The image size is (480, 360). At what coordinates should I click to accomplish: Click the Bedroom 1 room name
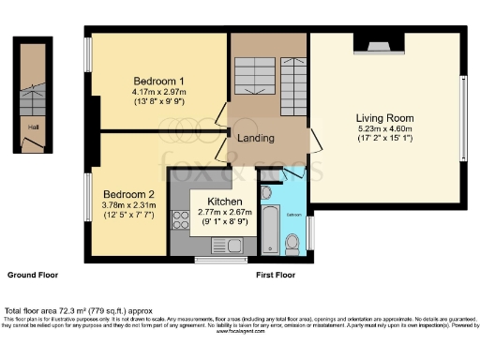point(157,80)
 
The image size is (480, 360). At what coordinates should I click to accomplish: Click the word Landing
point(256,138)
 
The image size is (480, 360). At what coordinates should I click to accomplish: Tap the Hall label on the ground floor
point(33,126)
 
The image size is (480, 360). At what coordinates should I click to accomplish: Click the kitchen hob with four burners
point(179,220)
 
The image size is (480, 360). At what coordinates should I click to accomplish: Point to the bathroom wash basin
point(267,193)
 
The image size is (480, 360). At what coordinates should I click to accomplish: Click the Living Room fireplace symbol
point(377,43)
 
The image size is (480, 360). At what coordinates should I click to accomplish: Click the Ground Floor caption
point(33,276)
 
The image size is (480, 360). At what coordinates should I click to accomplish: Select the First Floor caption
point(275,276)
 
